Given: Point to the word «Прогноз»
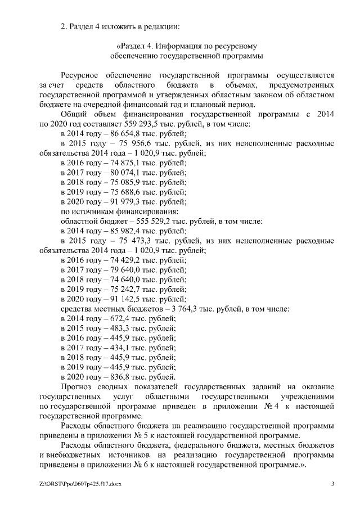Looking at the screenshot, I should [x=77, y=388].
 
